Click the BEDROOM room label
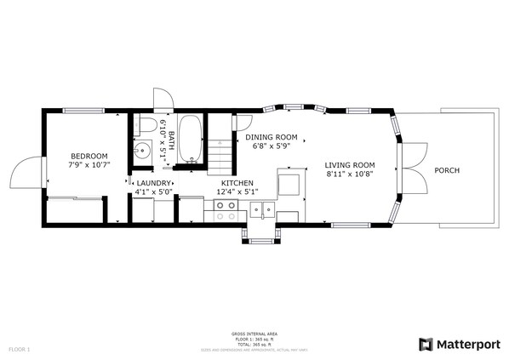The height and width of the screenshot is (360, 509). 89,156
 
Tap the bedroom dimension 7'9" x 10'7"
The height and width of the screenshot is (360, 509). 89,164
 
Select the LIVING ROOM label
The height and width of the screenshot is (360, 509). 350,164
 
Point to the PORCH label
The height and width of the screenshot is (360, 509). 446,170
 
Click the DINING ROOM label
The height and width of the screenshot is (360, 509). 271,137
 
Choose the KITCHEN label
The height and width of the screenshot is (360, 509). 237,183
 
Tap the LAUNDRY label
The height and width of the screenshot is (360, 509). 153,183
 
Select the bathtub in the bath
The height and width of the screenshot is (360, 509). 191,137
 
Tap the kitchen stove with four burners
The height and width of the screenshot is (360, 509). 226,212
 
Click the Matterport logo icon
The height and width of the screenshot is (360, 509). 426,344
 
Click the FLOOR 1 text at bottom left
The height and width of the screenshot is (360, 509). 19,349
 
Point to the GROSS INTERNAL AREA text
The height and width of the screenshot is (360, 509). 254,333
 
